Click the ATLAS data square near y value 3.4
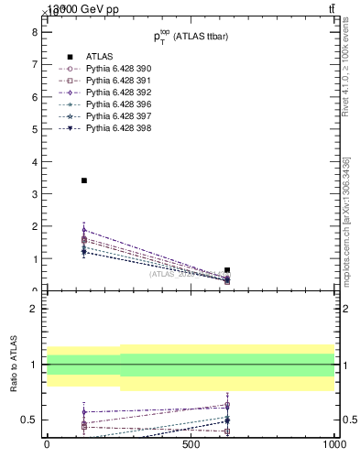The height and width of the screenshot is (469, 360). click(84, 180)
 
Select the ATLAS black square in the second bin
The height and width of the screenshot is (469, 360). click(227, 270)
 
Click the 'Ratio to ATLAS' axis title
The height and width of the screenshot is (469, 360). click(14, 364)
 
